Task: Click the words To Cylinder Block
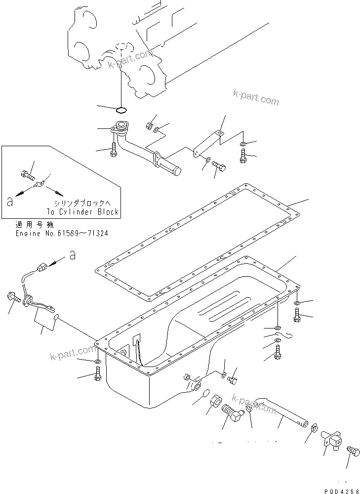(82, 212)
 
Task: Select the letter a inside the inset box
(8, 202)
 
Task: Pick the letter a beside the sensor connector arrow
(72, 255)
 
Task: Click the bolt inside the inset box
(28, 174)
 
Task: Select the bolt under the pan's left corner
(97, 377)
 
